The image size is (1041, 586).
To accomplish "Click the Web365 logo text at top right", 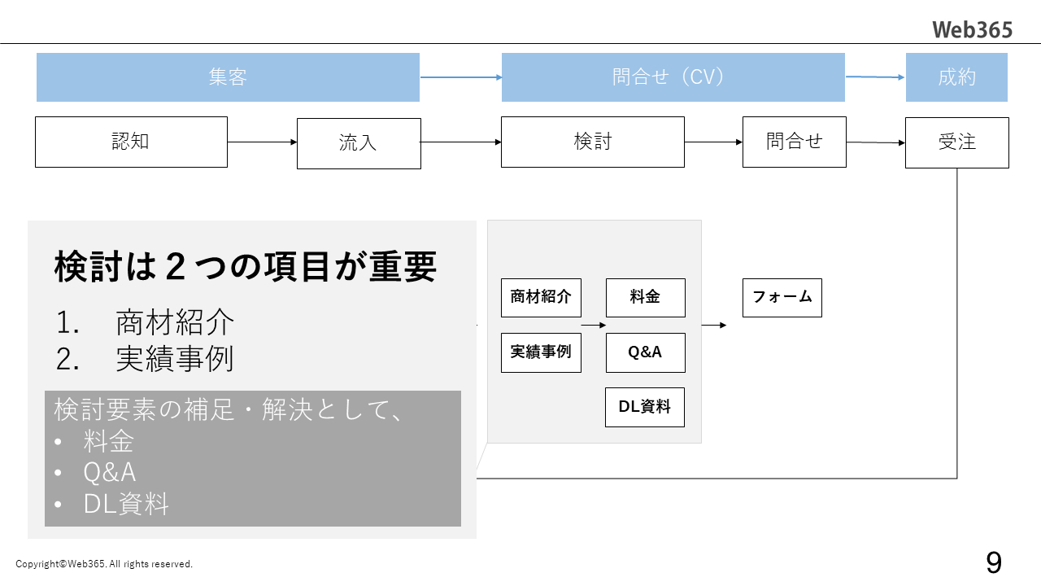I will (x=972, y=30).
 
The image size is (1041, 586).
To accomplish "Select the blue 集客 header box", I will (x=228, y=77).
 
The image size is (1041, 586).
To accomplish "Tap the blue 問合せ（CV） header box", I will (x=673, y=77).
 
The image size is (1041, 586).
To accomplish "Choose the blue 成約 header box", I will (x=956, y=77).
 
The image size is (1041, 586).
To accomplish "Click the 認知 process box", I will (x=131, y=142).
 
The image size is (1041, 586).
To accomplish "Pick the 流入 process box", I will (x=359, y=143).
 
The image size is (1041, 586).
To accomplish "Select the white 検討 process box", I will (x=592, y=142).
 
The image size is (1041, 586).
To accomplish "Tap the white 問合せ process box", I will (x=794, y=142).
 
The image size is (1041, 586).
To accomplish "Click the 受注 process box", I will (x=956, y=142).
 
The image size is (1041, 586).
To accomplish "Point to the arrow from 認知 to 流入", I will (x=262, y=142).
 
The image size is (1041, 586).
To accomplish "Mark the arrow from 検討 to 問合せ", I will (x=713, y=142).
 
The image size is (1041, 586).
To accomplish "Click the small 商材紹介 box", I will (x=541, y=297).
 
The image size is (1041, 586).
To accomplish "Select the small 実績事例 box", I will (x=541, y=352).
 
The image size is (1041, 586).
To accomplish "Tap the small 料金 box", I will (x=645, y=297).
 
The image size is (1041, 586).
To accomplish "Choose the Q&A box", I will (x=645, y=352).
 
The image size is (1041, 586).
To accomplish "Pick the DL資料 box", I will (x=645, y=407).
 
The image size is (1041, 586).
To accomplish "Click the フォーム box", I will (x=782, y=297).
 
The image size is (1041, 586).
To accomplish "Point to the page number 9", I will (x=993, y=562).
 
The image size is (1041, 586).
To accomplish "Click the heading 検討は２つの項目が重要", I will (x=246, y=267).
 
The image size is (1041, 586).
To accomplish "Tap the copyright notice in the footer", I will (x=104, y=564).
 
